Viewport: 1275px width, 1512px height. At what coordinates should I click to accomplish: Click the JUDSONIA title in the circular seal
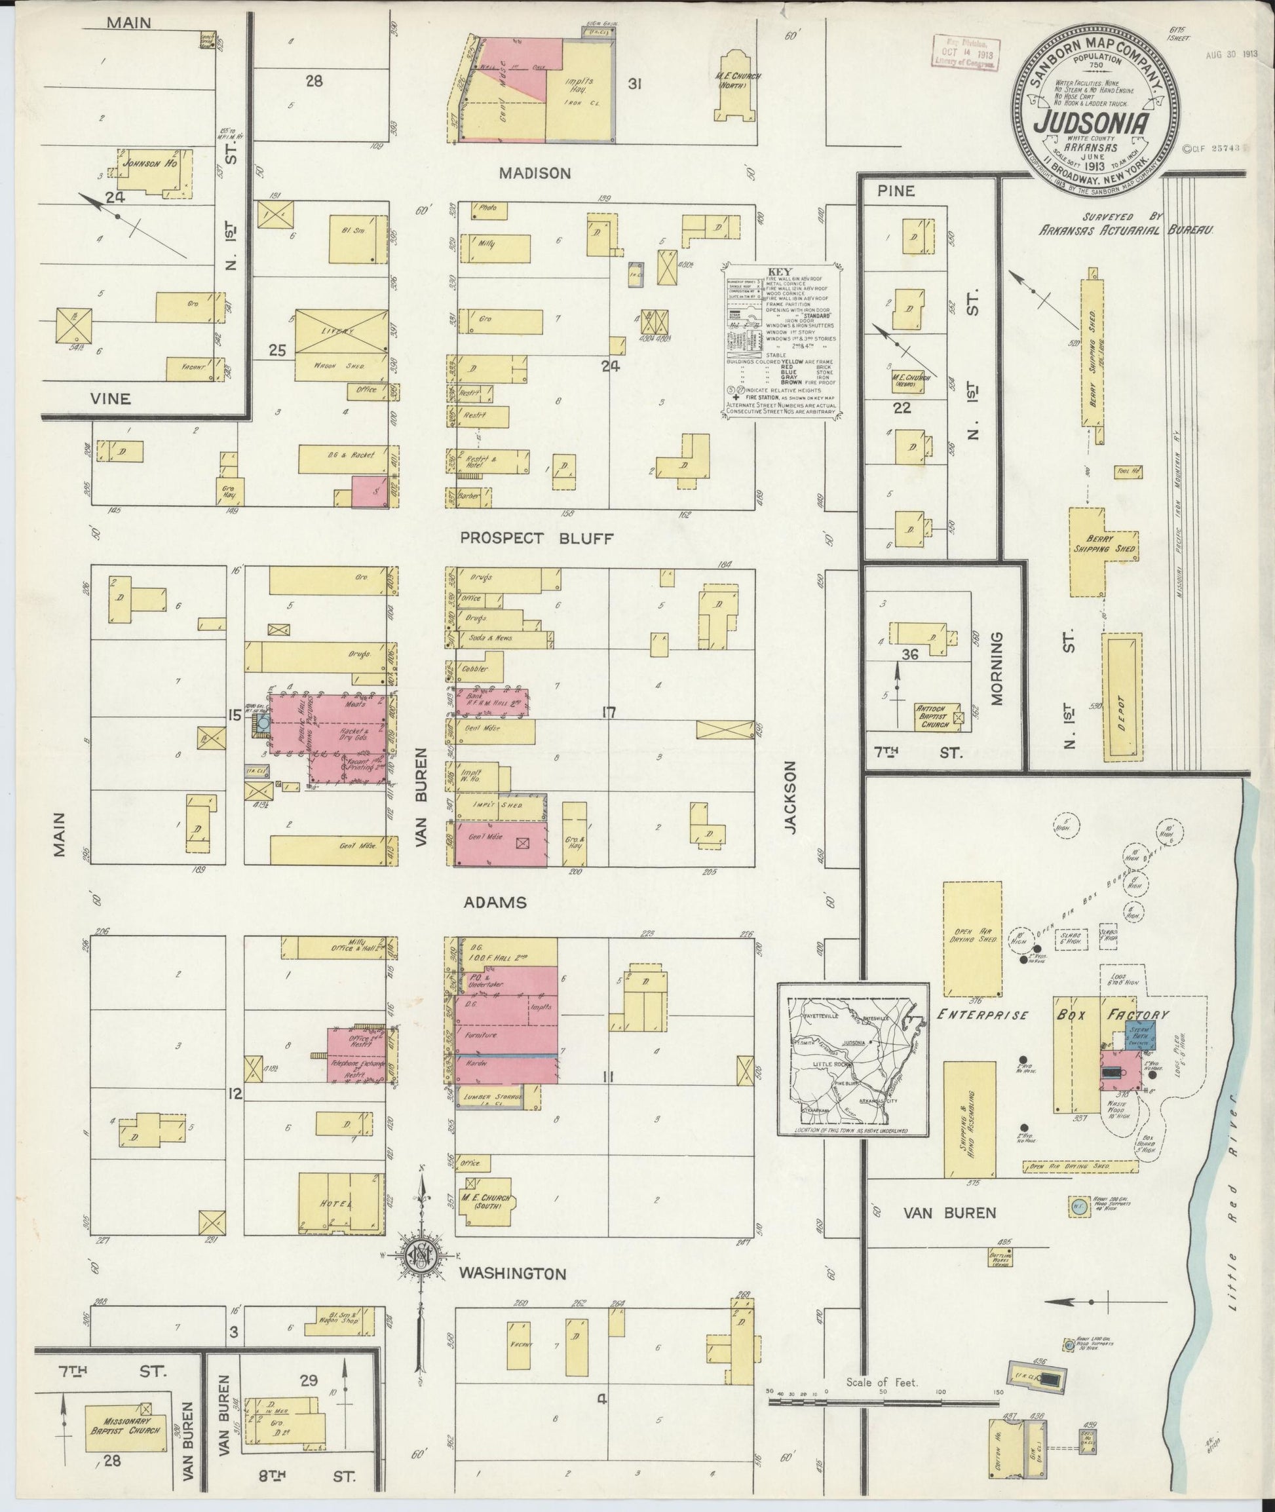(x=1091, y=122)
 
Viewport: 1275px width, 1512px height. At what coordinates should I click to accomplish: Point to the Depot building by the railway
(x=1121, y=697)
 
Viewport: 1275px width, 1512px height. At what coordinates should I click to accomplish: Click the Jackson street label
(x=793, y=796)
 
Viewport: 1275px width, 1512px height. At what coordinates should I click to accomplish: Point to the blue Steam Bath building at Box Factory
(x=1140, y=1034)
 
